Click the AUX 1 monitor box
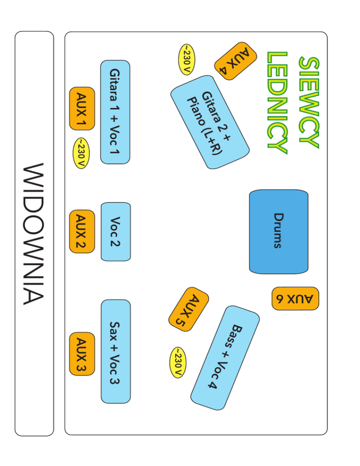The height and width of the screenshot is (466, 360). [x=82, y=108]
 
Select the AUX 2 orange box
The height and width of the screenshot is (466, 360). [x=82, y=231]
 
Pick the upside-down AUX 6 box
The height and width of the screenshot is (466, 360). [x=295, y=299]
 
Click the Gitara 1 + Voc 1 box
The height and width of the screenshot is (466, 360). [x=115, y=112]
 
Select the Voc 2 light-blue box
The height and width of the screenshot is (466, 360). [x=116, y=231]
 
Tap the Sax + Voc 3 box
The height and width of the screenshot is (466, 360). [x=115, y=351]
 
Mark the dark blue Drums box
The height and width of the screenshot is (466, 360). [x=279, y=231]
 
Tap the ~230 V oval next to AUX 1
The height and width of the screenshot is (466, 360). [x=81, y=153]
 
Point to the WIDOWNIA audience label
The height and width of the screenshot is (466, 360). [x=34, y=233]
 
